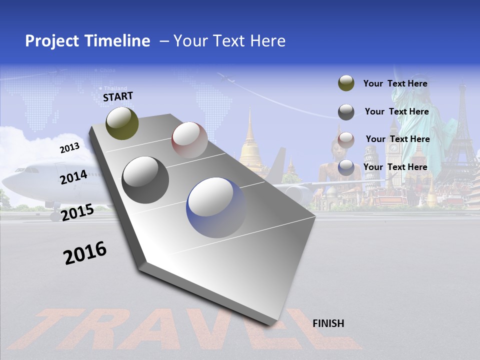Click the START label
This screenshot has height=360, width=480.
118,96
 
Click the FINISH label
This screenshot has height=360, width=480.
328,323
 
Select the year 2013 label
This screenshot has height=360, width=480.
69,148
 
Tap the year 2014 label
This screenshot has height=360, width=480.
73,177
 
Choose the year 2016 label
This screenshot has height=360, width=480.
85,253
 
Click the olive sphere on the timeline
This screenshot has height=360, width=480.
122,123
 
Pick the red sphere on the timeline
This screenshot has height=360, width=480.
189,139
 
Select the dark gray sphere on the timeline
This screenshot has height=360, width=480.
145,180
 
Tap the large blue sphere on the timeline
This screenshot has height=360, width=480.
216,207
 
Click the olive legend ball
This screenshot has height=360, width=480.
346,83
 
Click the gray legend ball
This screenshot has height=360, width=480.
346,112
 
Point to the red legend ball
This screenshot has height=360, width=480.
346,140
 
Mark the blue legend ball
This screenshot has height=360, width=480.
346,168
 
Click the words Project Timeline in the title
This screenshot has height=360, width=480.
87,41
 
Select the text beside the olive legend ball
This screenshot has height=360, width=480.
395,83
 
